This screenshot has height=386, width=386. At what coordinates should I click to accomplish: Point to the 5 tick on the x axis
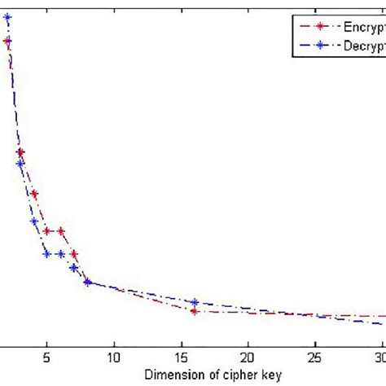[47, 356]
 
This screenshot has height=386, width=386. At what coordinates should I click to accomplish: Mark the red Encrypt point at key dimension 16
[195, 311]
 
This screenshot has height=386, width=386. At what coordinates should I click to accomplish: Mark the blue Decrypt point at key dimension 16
[195, 302]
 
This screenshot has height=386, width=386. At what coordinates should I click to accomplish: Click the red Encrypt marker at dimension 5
[47, 231]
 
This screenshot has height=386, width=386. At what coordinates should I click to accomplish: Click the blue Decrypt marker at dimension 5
[47, 254]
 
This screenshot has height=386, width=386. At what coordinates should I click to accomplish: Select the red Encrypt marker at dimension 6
[60, 231]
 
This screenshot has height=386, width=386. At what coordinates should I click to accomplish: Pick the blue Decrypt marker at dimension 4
[34, 221]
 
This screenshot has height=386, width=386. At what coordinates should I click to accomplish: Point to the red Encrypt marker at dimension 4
[34, 194]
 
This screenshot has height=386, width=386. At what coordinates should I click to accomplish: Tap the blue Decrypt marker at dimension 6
[60, 254]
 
